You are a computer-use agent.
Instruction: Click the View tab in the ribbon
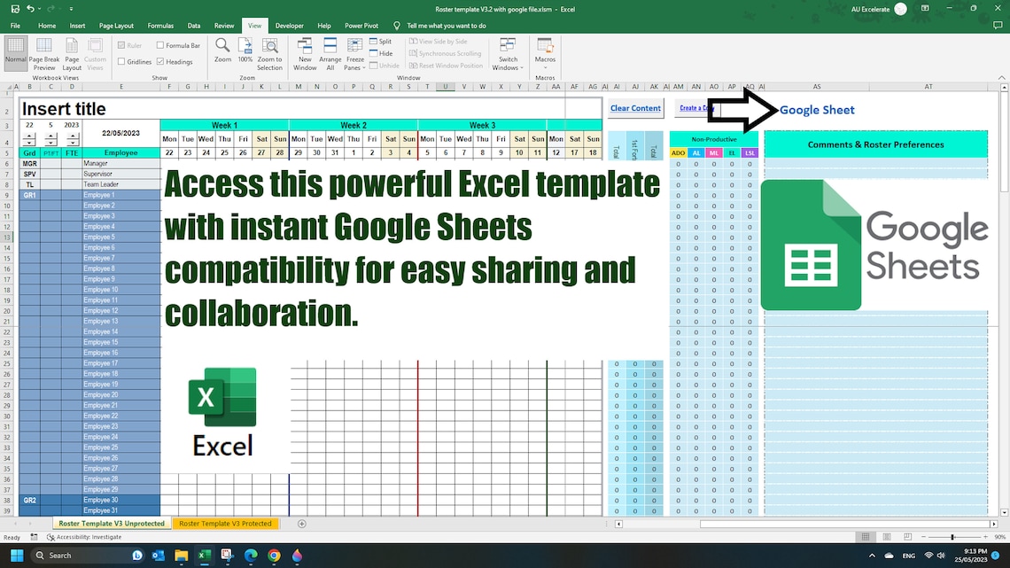tap(254, 26)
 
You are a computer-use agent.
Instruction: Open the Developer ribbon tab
tap(289, 26)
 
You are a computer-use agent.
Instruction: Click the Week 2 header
tap(353, 126)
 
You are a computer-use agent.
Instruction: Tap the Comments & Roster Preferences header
tap(875, 144)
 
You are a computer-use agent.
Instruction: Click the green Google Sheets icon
tap(811, 245)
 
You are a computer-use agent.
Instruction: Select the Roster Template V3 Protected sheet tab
tap(225, 524)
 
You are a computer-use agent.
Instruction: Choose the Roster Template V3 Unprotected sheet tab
tap(112, 524)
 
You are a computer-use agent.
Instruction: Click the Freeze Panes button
tap(354, 55)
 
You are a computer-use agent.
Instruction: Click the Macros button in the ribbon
tap(545, 55)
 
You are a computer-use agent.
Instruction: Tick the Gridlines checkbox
tap(121, 62)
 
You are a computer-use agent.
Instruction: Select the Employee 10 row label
tap(101, 290)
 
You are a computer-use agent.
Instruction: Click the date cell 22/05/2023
tap(121, 134)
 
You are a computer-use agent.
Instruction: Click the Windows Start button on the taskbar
tap(15, 556)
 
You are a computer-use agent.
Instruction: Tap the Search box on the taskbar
tap(80, 556)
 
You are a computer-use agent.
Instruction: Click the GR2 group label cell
tap(29, 501)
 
